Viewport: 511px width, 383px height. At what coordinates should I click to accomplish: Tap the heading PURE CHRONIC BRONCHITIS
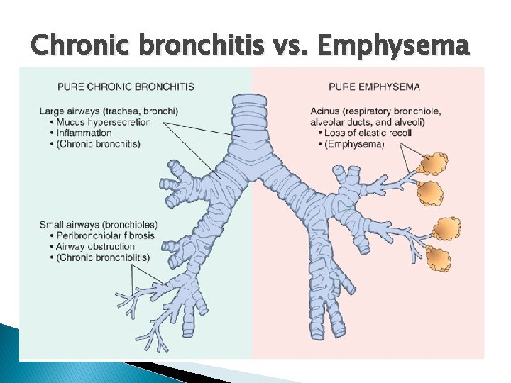126,87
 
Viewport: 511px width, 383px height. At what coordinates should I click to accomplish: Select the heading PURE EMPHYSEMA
374,87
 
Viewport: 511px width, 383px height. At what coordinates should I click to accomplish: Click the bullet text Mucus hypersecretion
101,122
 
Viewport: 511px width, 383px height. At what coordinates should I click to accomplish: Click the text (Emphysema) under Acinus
354,143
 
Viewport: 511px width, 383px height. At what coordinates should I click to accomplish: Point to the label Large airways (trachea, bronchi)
109,111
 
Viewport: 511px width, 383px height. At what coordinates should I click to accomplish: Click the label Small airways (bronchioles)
98,225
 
